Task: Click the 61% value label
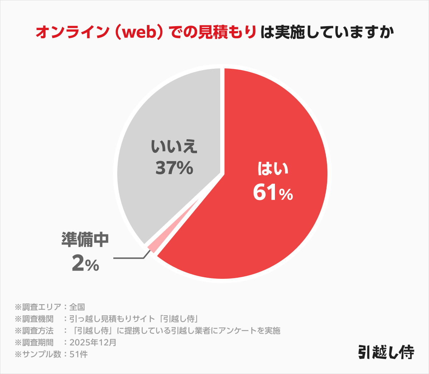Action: [273, 193]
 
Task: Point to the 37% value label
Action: [174, 167]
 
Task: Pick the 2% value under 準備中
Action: [85, 264]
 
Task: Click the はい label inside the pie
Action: [273, 169]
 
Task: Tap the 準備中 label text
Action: [85, 240]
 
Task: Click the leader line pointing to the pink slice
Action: [129, 258]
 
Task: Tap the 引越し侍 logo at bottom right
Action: [386, 352]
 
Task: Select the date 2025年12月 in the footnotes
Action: [93, 343]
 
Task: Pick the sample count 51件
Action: [78, 354]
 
